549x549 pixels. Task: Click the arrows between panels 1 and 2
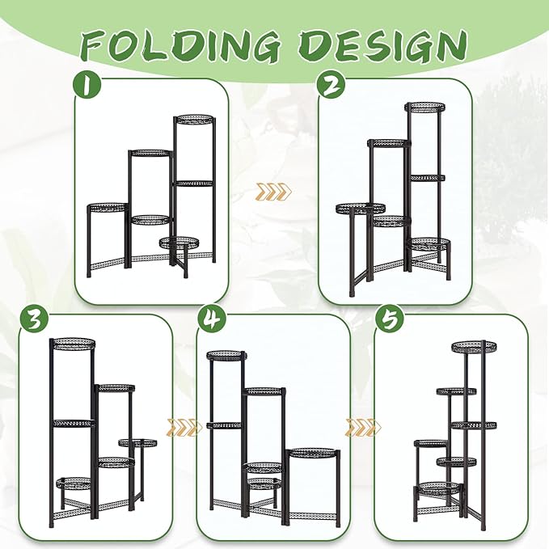pos(271,192)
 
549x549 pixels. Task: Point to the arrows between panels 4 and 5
pos(361,427)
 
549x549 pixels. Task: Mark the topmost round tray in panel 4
pos(225,355)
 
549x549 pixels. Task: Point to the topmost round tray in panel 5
pos(474,346)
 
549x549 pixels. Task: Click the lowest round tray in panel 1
pos(179,241)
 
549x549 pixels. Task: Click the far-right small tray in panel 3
pos(137,441)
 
